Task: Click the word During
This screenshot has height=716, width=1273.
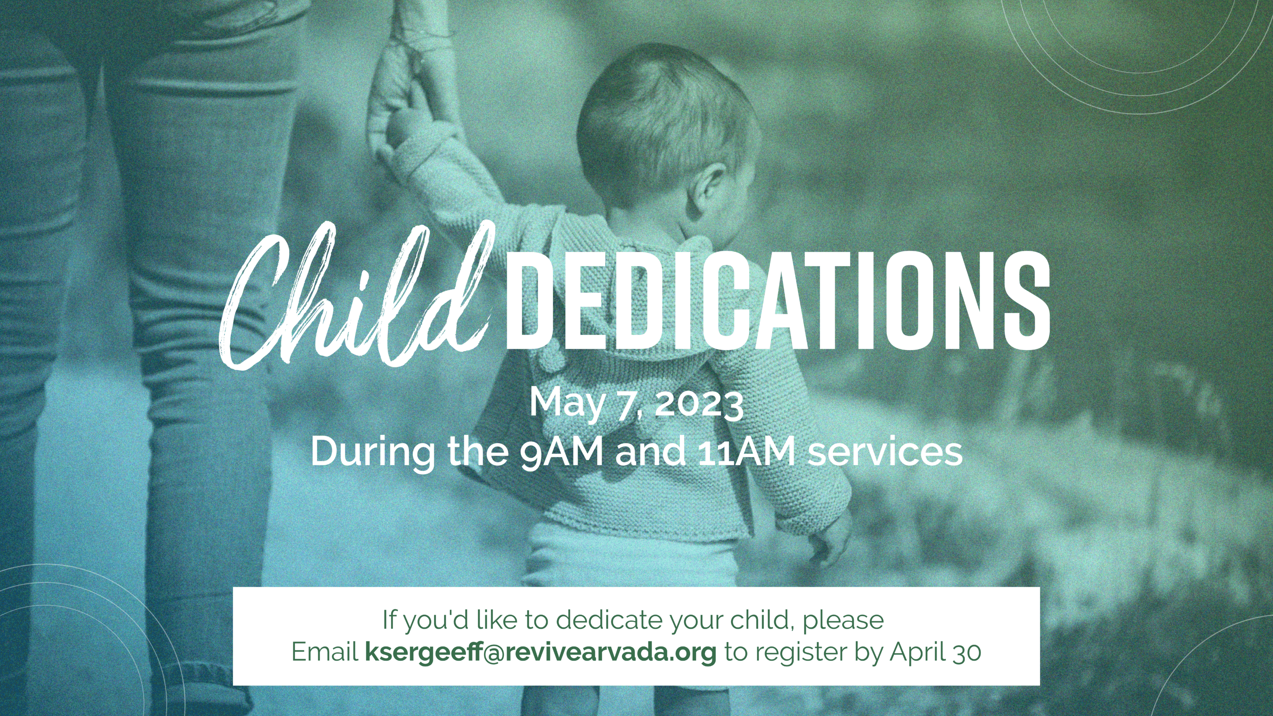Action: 374,451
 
